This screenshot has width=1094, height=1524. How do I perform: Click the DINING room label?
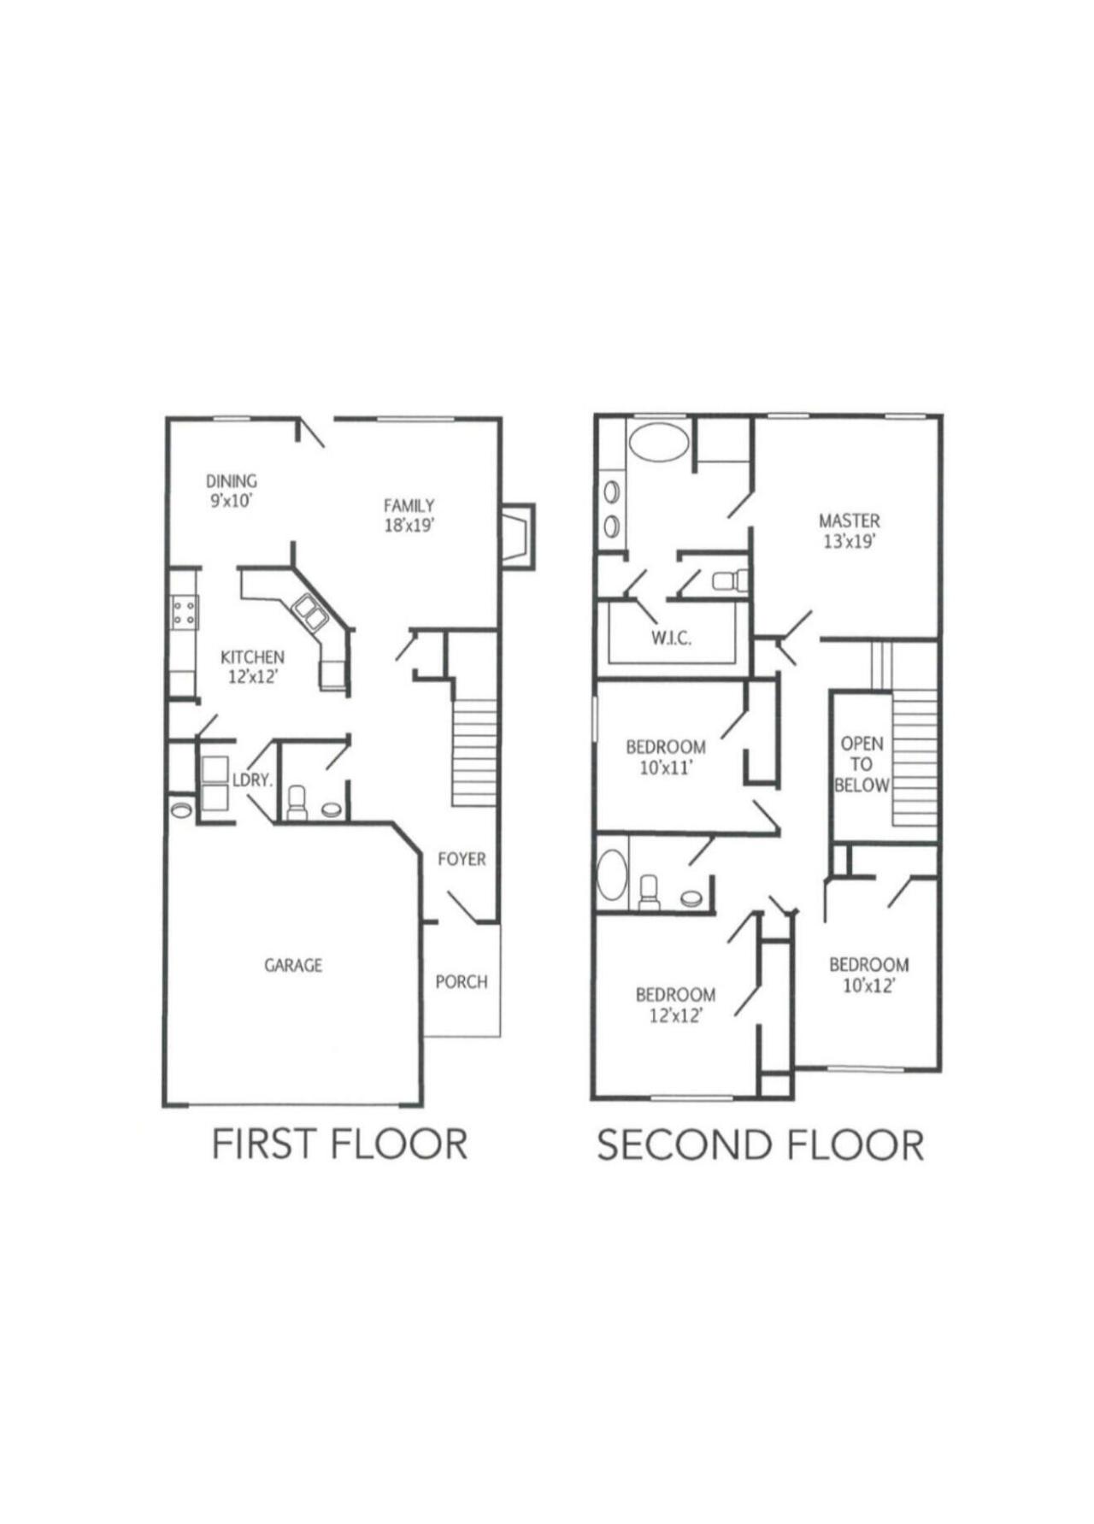[x=231, y=481]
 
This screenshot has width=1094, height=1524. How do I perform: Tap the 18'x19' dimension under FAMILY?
[x=409, y=526]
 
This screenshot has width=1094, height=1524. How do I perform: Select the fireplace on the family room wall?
[x=516, y=536]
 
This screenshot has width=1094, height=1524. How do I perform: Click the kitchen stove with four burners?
[x=185, y=612]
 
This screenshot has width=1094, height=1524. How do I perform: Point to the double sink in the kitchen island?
[x=309, y=613]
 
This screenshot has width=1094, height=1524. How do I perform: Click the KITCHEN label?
[x=252, y=657]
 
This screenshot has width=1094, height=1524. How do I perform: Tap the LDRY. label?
[x=253, y=780]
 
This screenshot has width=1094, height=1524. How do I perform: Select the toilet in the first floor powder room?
[x=297, y=803]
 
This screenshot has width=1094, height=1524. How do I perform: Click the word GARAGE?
[x=293, y=965]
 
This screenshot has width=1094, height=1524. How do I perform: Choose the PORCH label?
[x=462, y=982]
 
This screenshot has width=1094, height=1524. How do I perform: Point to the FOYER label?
[x=462, y=859]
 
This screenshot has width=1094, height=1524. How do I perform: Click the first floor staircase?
[x=474, y=752]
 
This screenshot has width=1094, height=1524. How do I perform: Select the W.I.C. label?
[x=671, y=638]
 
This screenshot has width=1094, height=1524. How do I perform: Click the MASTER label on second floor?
[x=849, y=521]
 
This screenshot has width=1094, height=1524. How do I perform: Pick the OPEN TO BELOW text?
[x=862, y=764]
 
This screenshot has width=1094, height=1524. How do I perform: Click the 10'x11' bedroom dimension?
[x=666, y=768]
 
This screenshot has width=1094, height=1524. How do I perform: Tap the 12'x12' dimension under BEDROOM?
[x=675, y=1015]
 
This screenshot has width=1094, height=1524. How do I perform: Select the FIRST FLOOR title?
[x=339, y=1144]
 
